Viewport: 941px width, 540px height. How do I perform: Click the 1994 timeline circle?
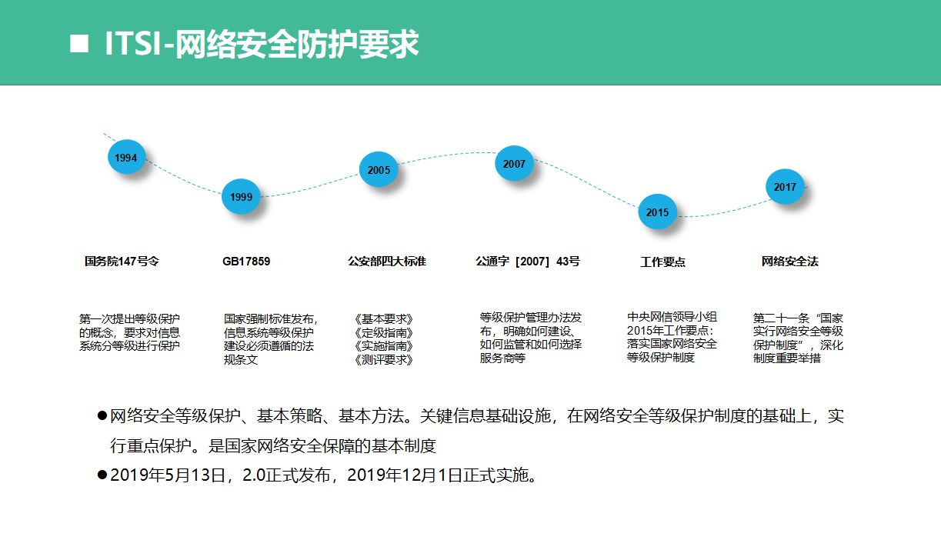pyautogui.click(x=126, y=157)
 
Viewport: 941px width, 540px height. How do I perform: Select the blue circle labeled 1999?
pyautogui.click(x=241, y=196)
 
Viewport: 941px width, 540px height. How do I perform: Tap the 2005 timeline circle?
pyautogui.click(x=379, y=169)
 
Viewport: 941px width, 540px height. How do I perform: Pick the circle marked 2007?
pyautogui.click(x=514, y=163)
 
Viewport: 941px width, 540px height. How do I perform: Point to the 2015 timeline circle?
pyautogui.click(x=657, y=212)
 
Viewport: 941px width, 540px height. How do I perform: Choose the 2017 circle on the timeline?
pyautogui.click(x=785, y=187)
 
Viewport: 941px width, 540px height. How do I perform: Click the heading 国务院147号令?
pyautogui.click(x=122, y=262)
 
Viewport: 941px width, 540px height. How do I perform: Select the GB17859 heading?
pyautogui.click(x=246, y=262)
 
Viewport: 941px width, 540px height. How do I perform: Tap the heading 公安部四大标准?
pyautogui.click(x=387, y=262)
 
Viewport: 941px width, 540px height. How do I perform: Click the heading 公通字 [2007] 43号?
pyautogui.click(x=528, y=262)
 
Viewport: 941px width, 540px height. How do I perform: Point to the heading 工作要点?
pyautogui.click(x=662, y=262)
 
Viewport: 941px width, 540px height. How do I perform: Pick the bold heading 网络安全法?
pyautogui.click(x=789, y=262)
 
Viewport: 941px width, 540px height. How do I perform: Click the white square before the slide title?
pyautogui.click(x=79, y=43)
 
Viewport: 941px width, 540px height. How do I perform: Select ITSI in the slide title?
pyautogui.click(x=133, y=43)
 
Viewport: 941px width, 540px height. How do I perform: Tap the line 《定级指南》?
pyautogui.click(x=384, y=333)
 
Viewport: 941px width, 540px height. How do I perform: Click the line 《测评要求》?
pyautogui.click(x=384, y=360)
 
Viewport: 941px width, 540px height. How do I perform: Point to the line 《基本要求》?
pyautogui.click(x=384, y=319)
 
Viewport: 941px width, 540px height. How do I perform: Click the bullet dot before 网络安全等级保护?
pyautogui.click(x=102, y=415)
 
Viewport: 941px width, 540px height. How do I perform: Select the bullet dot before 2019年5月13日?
pyautogui.click(x=102, y=475)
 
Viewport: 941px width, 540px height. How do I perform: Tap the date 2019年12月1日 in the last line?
pyautogui.click(x=404, y=475)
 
